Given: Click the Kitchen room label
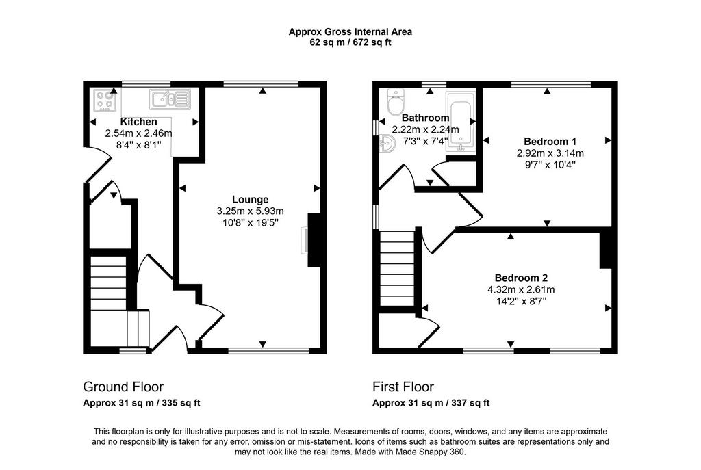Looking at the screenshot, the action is [x=138, y=122].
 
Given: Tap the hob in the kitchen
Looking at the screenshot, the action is [x=105, y=101].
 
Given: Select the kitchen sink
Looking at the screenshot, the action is [x=170, y=99].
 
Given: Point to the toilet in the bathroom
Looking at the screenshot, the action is [x=395, y=102].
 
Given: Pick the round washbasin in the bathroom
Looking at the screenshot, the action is [x=387, y=145].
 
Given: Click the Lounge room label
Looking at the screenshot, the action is [x=251, y=199].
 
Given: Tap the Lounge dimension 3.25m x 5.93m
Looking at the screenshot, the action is [x=251, y=211].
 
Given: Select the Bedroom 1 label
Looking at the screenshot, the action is [x=550, y=141].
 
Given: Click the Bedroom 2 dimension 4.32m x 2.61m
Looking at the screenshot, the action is [x=521, y=289].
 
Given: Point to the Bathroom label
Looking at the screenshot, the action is [x=426, y=118].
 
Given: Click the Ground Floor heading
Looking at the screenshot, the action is [x=123, y=387].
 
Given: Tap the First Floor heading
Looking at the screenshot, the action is [x=403, y=387].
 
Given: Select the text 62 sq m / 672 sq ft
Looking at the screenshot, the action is [x=350, y=43].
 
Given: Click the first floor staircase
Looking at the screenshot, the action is [x=397, y=268].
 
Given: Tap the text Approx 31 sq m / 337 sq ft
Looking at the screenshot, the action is [x=431, y=403].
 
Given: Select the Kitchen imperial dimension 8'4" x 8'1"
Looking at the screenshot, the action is [x=138, y=145].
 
